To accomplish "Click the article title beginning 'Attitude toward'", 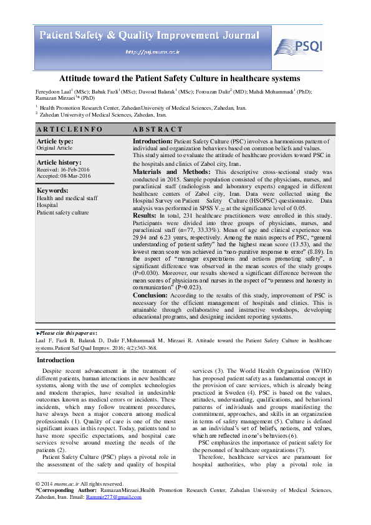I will [180, 79].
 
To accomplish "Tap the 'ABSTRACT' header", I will [158, 130].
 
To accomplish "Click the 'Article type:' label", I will [55, 142].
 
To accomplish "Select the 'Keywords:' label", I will [52, 191].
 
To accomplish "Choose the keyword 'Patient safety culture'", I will [62, 213].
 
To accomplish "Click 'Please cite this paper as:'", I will [67, 334].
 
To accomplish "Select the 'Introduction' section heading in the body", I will [55, 360].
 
